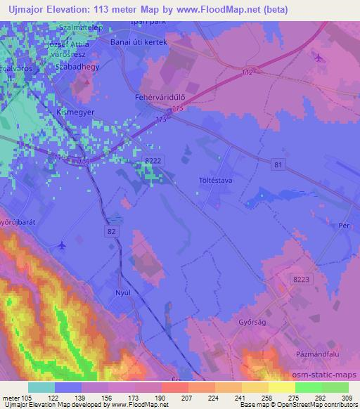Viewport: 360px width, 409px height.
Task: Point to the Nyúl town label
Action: [124, 290]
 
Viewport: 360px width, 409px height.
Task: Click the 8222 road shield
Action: [153, 161]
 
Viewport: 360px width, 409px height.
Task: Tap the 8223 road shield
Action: [300, 279]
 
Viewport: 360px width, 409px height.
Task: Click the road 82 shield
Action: [114, 231]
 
